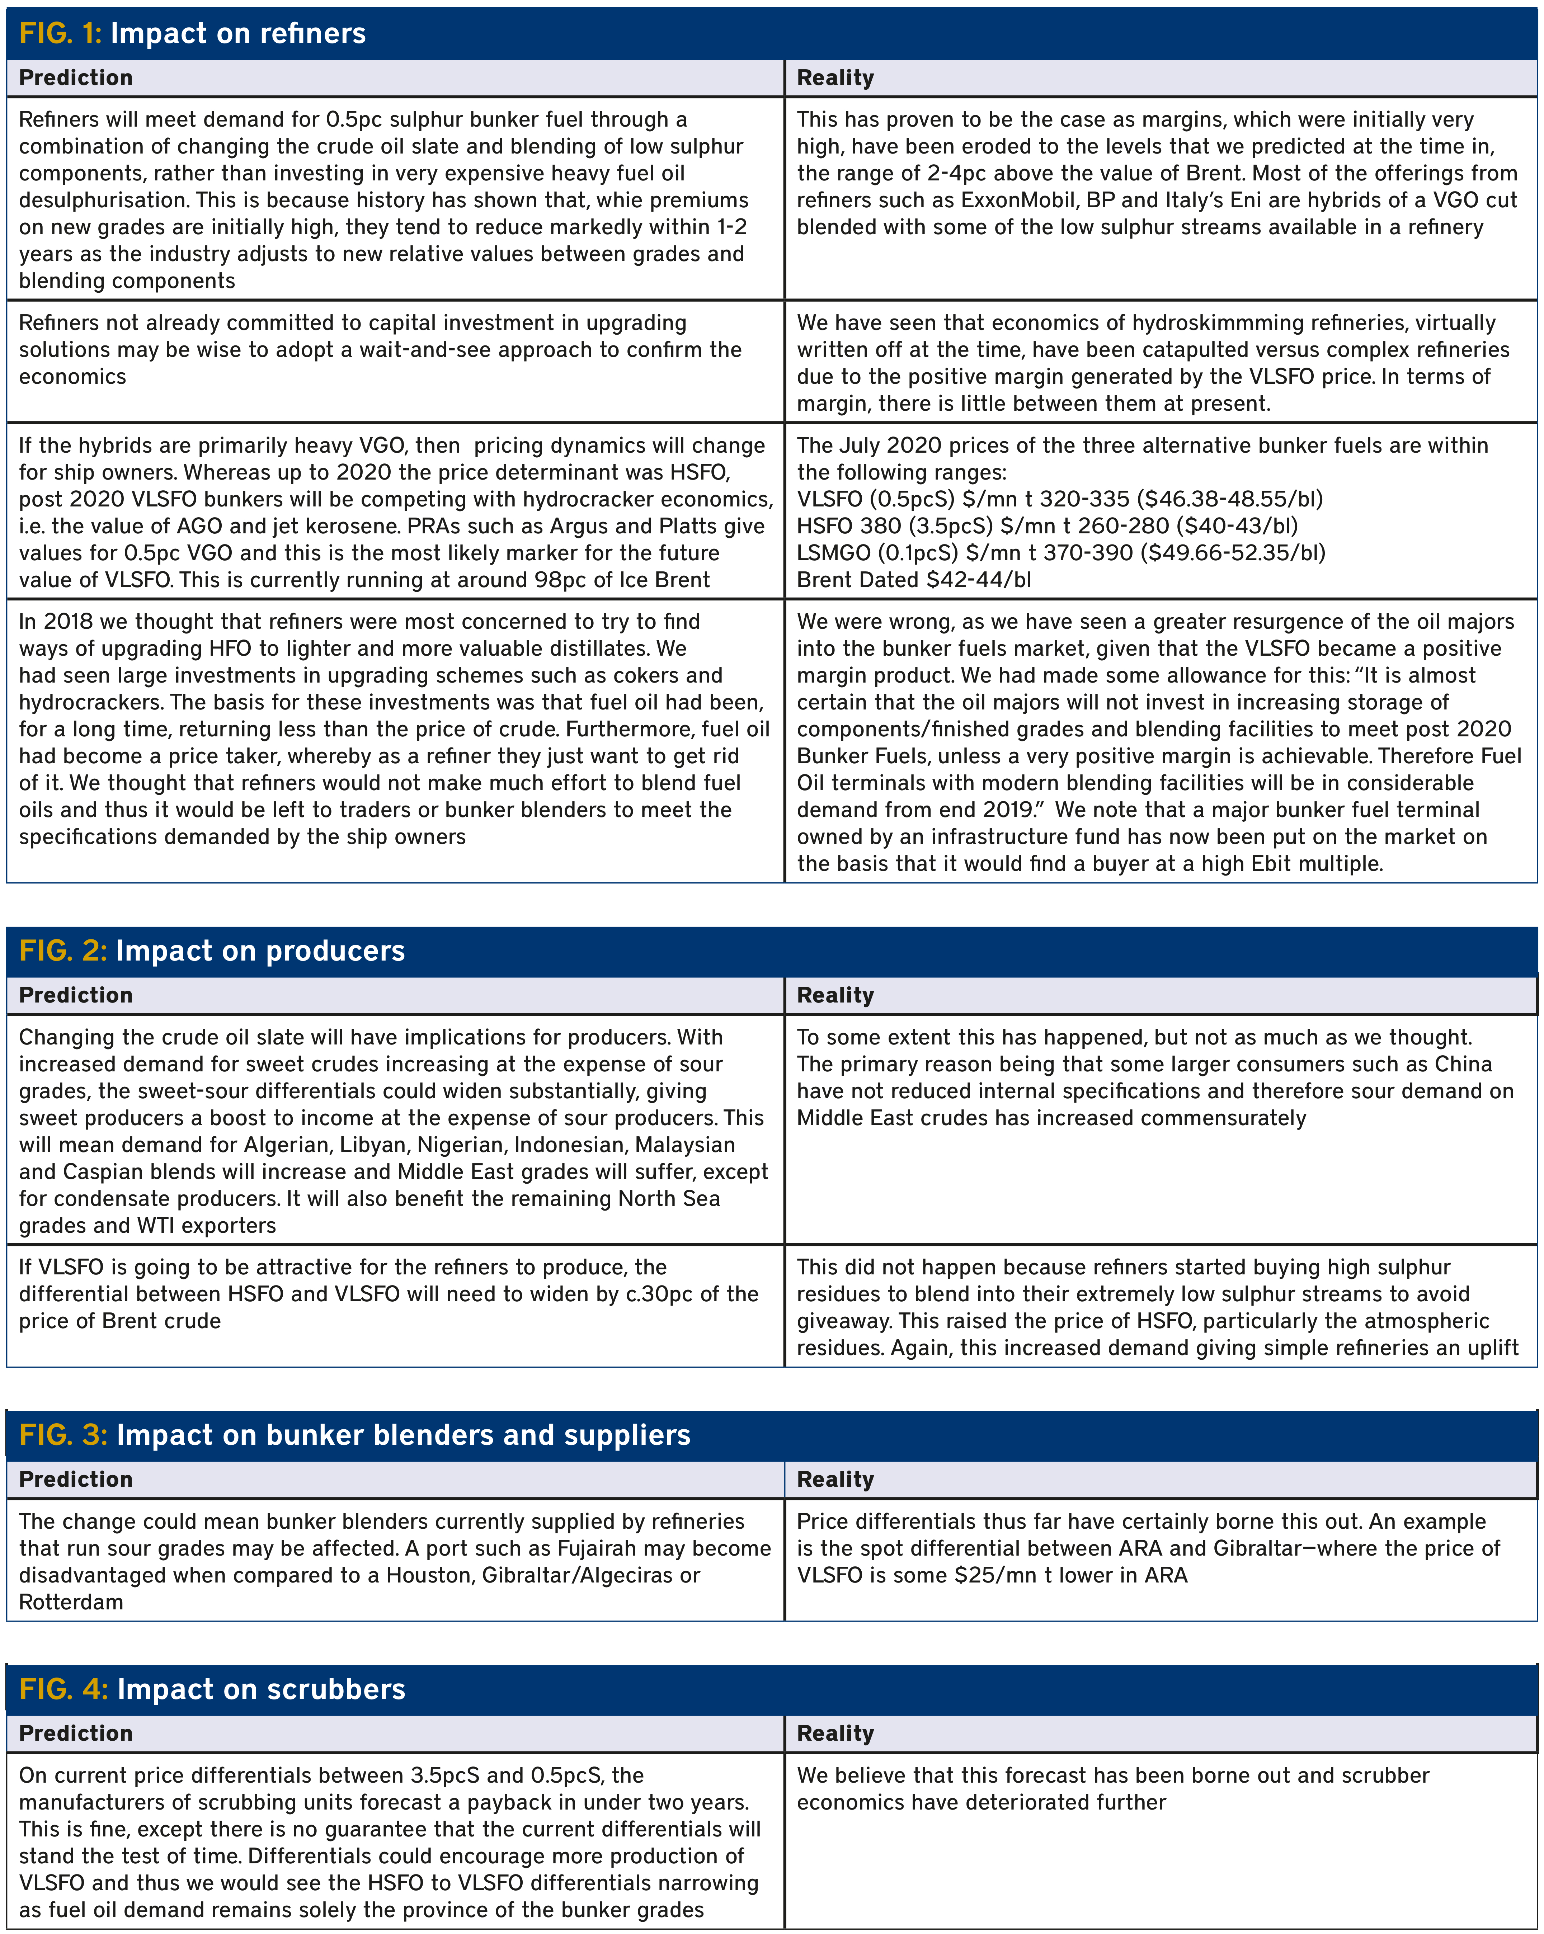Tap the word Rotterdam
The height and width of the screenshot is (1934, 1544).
click(71, 1602)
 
